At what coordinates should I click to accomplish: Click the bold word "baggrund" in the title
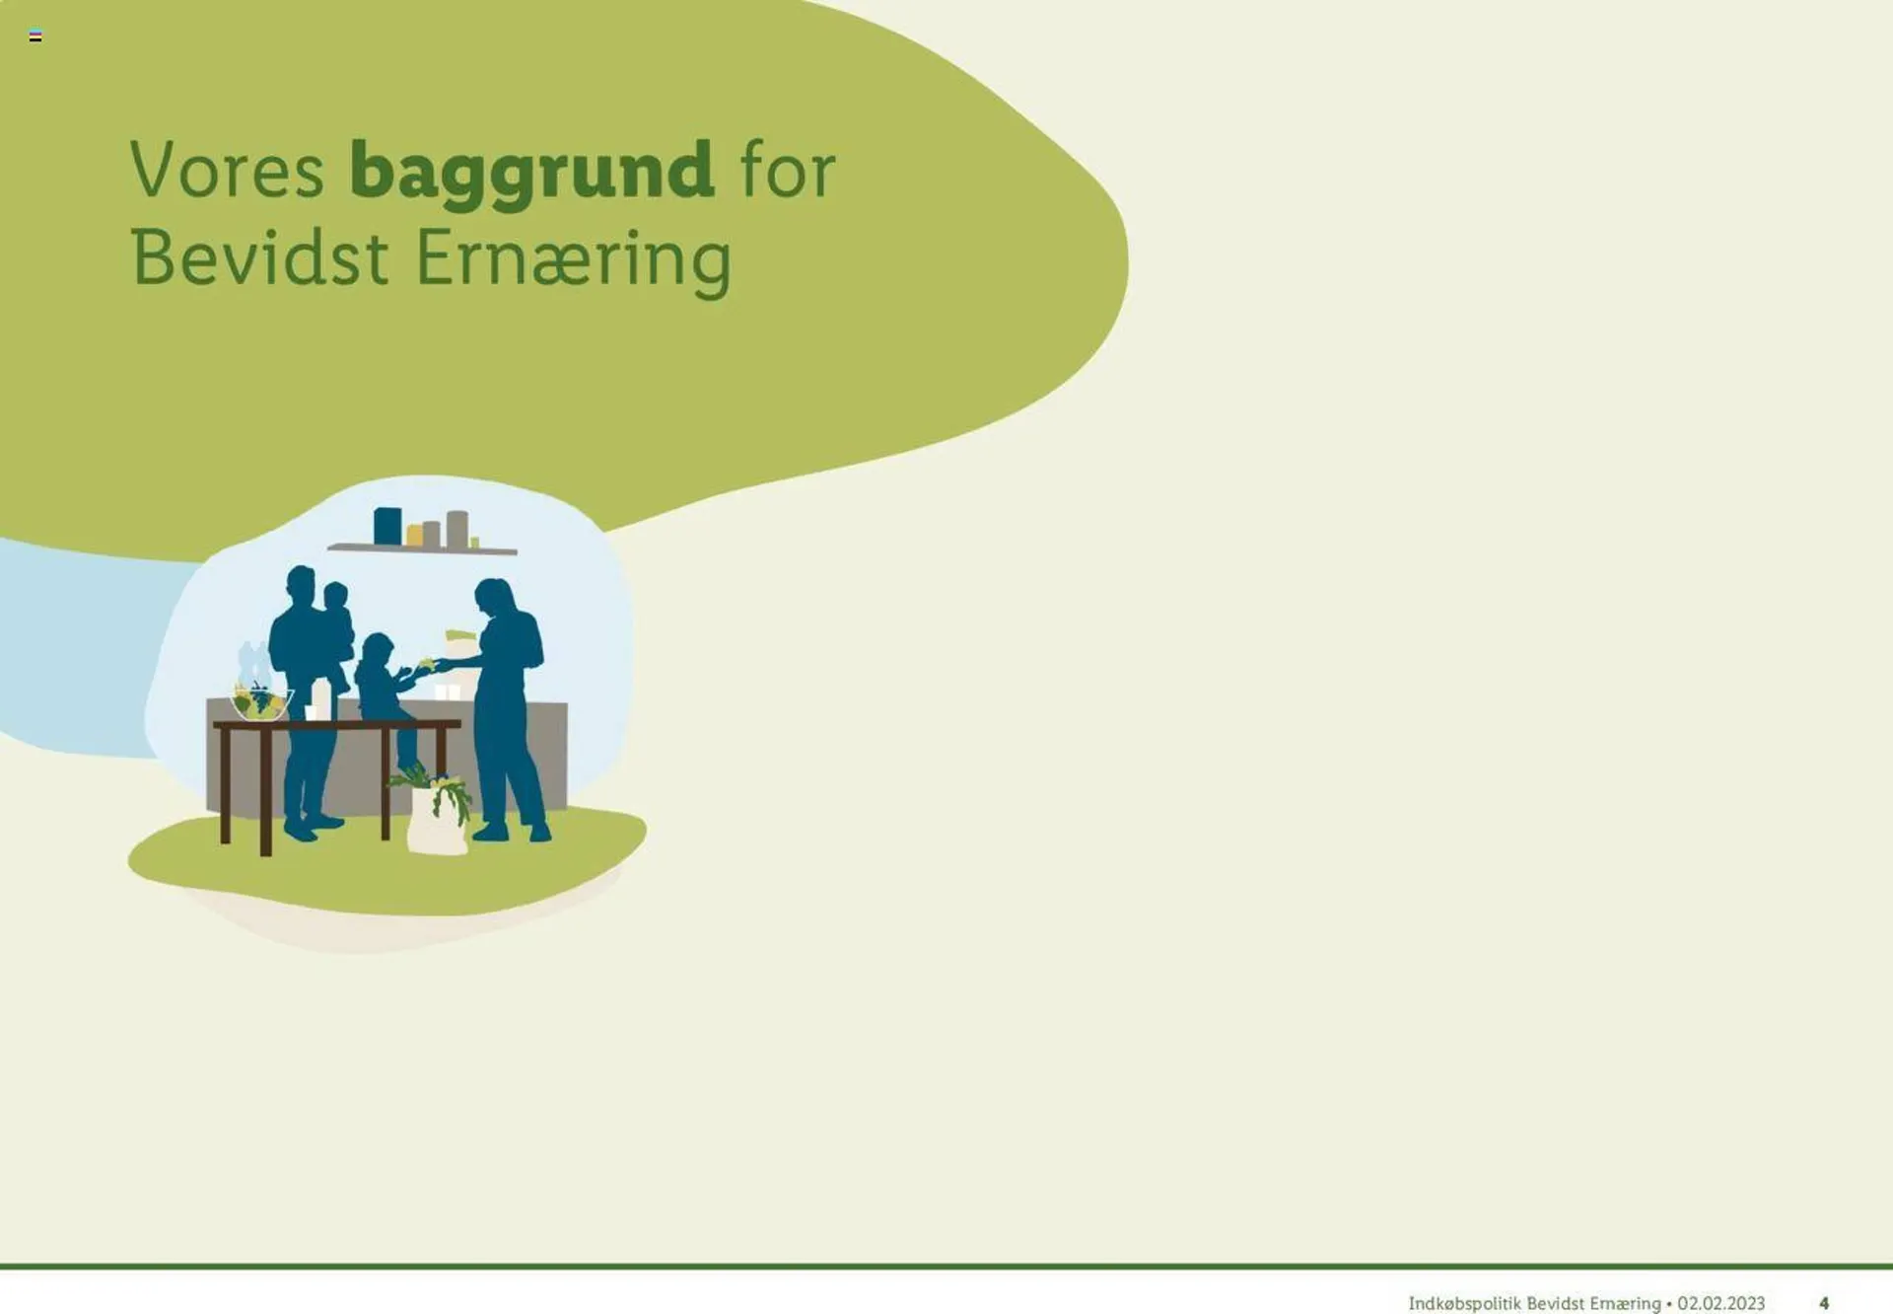coord(531,174)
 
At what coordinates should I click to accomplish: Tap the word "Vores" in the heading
coord(227,170)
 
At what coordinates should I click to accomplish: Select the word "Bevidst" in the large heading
coord(259,258)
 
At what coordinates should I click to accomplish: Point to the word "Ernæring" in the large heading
coord(574,261)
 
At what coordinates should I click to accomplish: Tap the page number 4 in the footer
coord(1824,1303)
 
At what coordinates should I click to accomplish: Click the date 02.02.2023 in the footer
coord(1720,1303)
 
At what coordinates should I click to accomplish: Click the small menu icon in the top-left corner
coord(35,36)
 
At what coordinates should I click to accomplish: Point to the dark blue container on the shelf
coord(387,526)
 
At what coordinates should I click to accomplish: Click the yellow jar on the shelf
coord(415,535)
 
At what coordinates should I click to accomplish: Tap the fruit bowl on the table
coord(260,701)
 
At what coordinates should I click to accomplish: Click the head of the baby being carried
coord(336,596)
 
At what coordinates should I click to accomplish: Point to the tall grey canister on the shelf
coord(456,529)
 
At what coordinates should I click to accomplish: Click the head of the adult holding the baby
coord(301,585)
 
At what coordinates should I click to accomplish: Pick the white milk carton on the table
coord(321,700)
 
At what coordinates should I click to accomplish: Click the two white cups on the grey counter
coord(448,692)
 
